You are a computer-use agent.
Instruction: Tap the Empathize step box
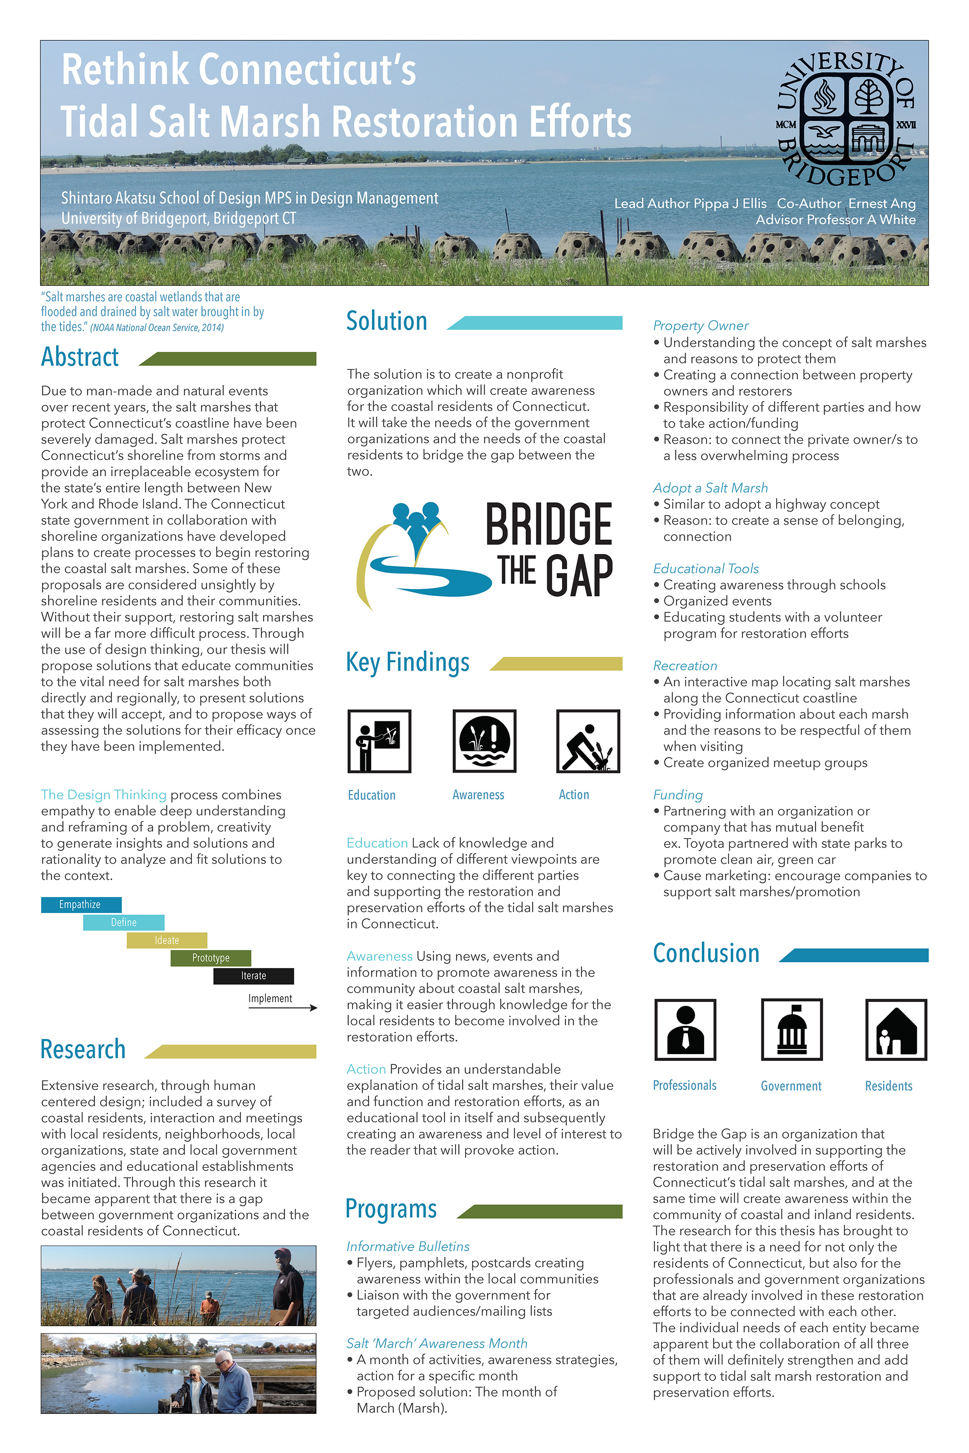[81, 905]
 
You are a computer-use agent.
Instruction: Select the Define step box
[124, 923]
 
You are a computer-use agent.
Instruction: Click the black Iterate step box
[253, 976]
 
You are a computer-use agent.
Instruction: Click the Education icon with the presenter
[379, 741]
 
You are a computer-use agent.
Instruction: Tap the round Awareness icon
[484, 741]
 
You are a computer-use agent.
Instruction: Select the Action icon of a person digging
[588, 741]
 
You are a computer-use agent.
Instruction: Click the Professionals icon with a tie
[685, 1030]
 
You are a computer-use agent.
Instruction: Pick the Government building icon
[792, 1030]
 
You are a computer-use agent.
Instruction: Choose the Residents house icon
[896, 1030]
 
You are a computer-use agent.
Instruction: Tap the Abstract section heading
[80, 357]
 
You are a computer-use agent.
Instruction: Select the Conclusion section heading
[706, 953]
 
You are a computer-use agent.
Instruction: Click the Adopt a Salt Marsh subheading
[710, 488]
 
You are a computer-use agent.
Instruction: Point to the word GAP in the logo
[579, 575]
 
